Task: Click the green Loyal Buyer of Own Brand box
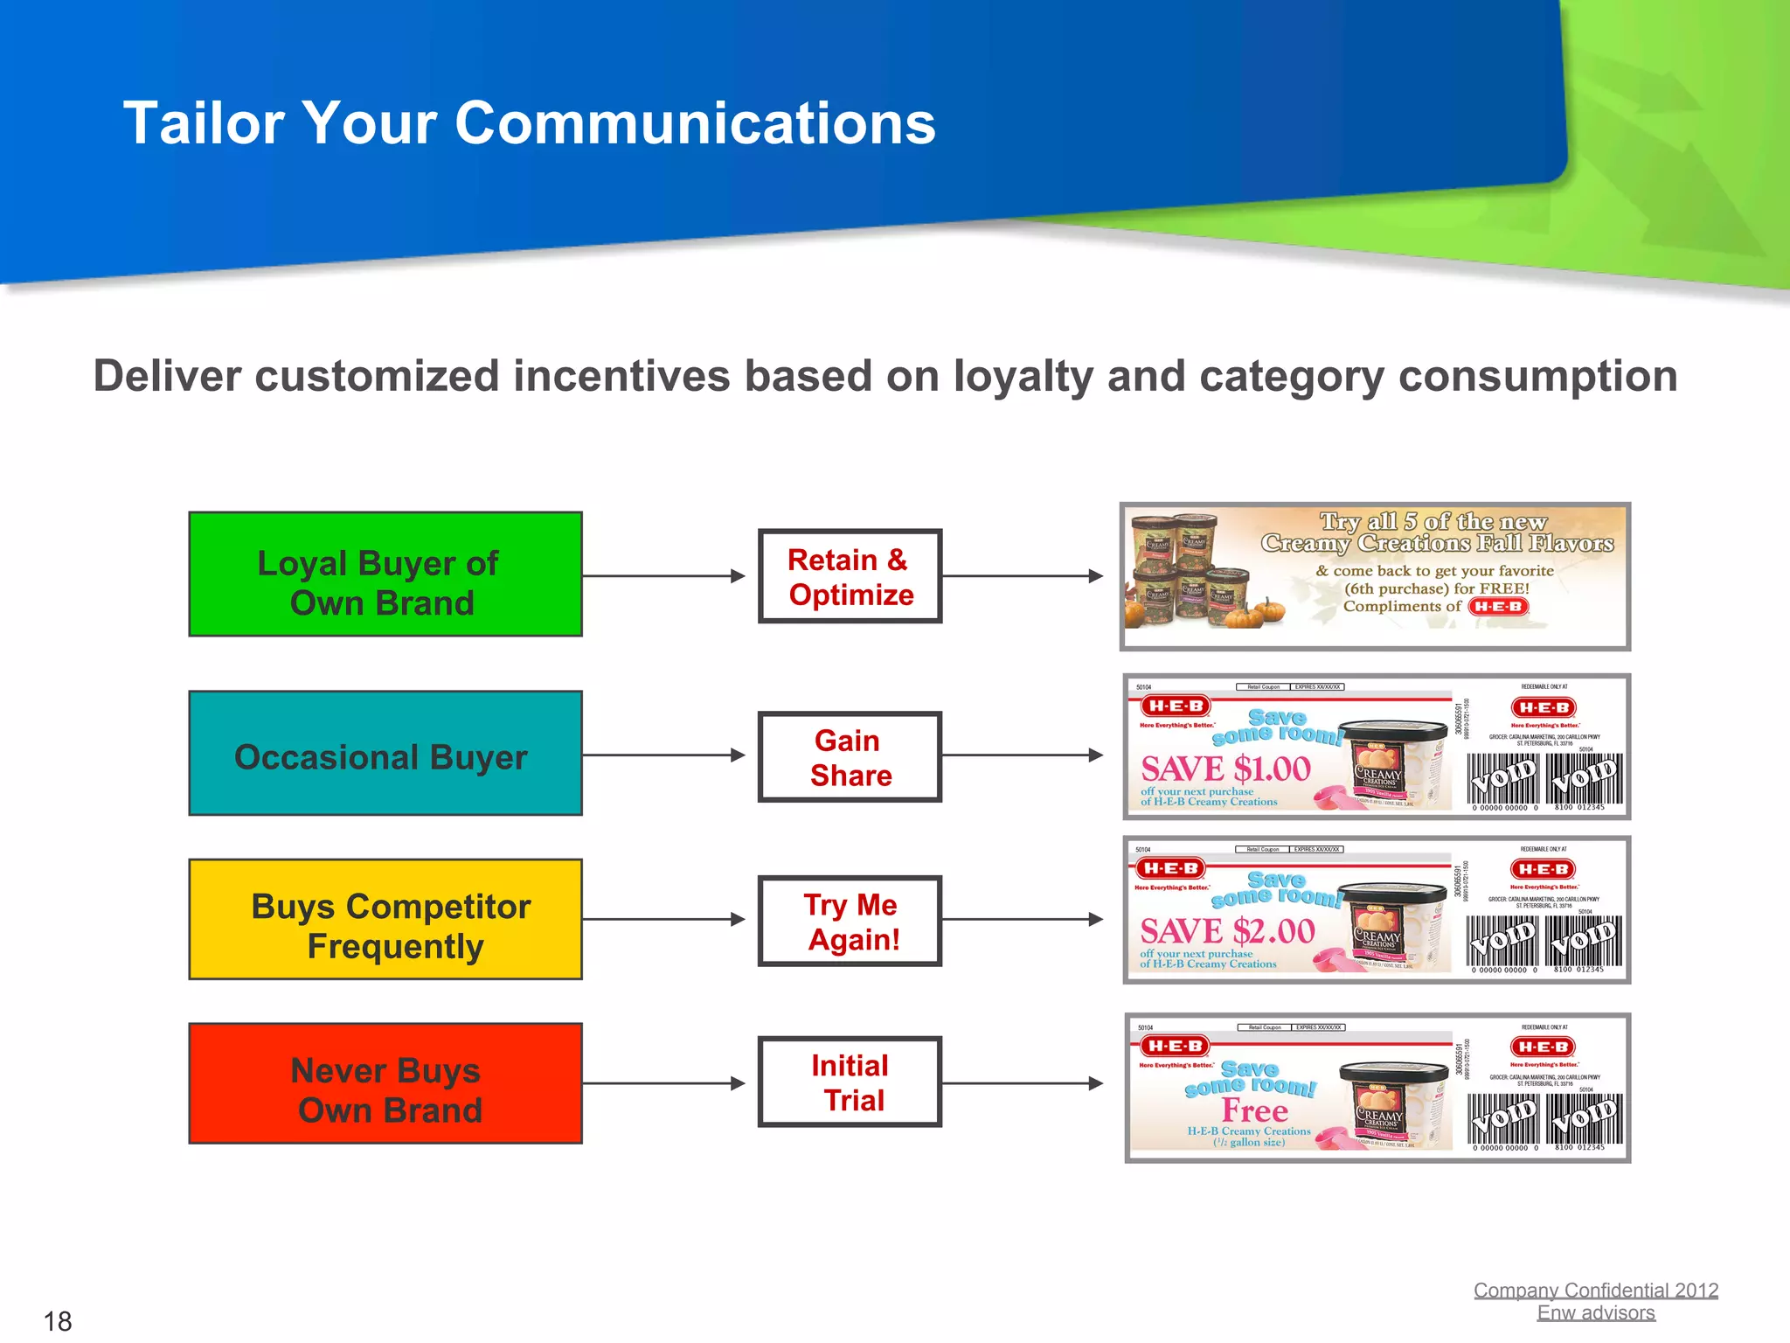tap(385, 574)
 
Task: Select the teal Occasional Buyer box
tap(385, 754)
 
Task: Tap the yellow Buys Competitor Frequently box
tap(385, 920)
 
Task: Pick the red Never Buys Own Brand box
tap(385, 1084)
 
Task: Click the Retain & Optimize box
tap(850, 576)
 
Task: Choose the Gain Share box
tap(850, 757)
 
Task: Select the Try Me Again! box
tap(850, 922)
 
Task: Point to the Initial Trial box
tap(850, 1082)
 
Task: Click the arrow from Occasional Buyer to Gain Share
tap(664, 755)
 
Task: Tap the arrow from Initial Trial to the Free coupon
tap(1023, 1083)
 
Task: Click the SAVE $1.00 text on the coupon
tap(1225, 769)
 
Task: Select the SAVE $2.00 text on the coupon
tap(1227, 932)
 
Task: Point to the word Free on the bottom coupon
tap(1255, 1110)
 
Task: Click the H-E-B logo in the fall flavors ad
tap(1498, 607)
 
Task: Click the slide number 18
tap(58, 1320)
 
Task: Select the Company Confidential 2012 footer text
tap(1595, 1290)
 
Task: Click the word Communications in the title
tap(695, 122)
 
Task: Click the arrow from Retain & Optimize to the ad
tap(1023, 576)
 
